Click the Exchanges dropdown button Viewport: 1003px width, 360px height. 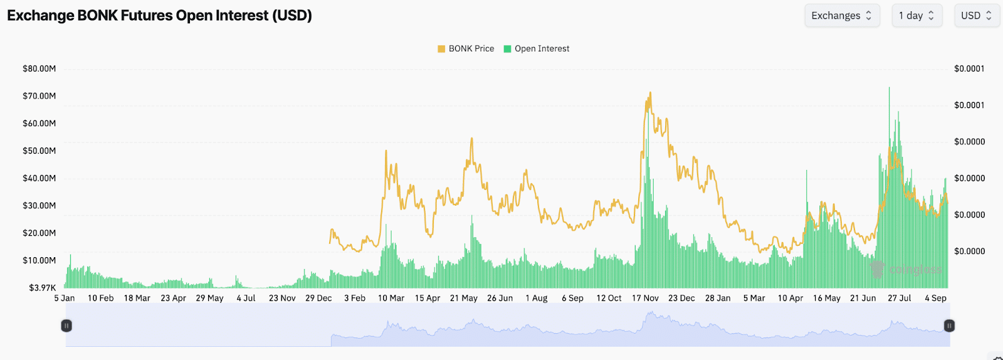click(x=841, y=16)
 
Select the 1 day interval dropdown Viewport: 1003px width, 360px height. click(x=916, y=16)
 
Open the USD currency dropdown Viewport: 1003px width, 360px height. click(x=976, y=16)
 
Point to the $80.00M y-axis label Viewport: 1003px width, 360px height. click(x=39, y=68)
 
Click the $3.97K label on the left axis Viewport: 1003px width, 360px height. click(x=42, y=288)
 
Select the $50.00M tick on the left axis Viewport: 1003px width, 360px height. click(x=39, y=151)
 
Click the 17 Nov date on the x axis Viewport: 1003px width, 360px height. click(x=645, y=298)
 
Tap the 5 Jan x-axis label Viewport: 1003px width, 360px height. click(x=65, y=298)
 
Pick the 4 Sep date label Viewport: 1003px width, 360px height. click(x=935, y=298)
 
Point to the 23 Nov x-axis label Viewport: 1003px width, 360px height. click(x=282, y=298)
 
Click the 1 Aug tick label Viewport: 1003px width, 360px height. click(x=537, y=298)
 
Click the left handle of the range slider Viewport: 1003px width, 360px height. click(x=66, y=326)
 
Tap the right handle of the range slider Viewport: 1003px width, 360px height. click(x=949, y=326)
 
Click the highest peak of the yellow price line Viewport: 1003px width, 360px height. click(x=650, y=93)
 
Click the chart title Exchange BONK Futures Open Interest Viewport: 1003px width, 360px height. click(x=159, y=16)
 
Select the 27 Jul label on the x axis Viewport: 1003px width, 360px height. click(x=900, y=298)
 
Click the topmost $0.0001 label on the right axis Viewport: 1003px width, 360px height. click(x=969, y=68)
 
